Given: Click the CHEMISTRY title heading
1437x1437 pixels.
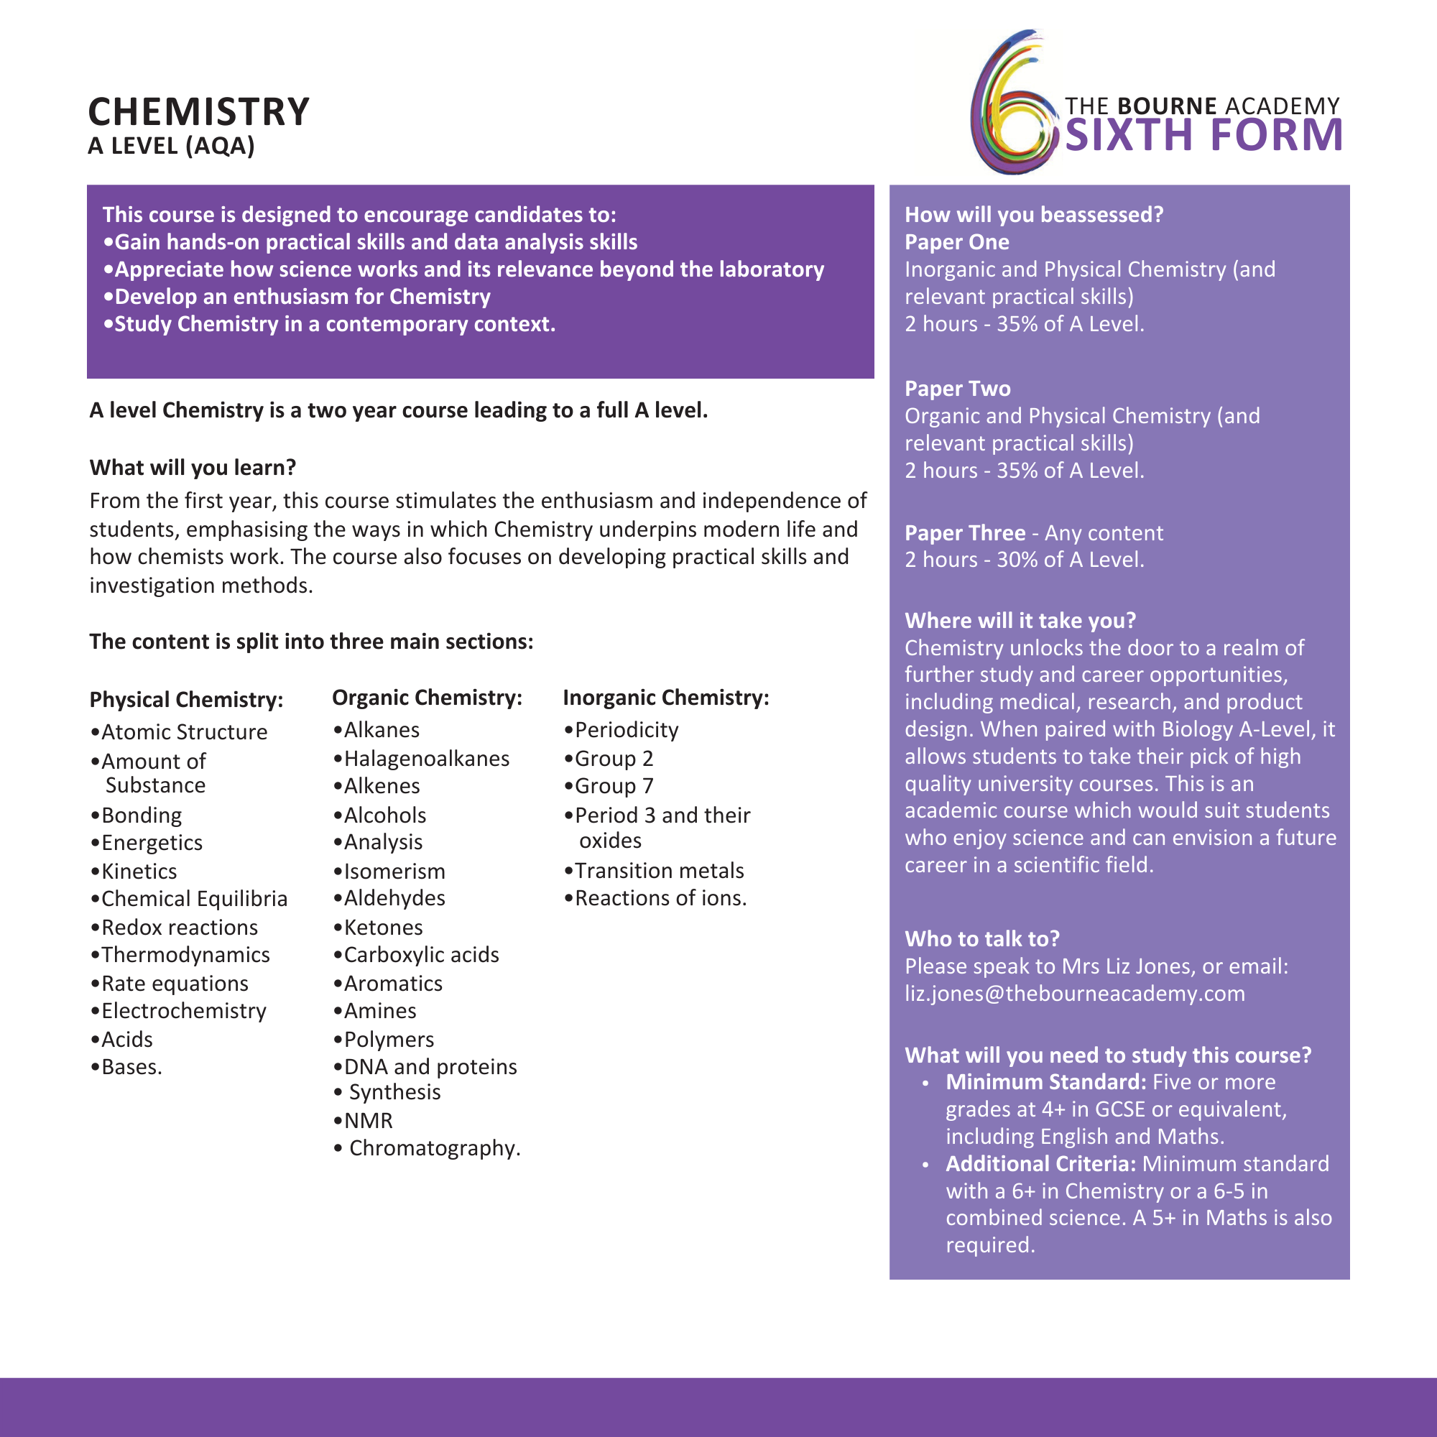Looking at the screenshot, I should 198,112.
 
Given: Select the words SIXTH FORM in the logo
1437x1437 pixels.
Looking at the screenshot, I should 1203,135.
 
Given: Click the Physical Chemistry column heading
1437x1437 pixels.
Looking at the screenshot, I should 186,699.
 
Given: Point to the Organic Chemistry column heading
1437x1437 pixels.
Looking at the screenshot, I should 427,697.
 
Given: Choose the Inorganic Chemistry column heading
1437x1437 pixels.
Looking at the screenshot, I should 666,697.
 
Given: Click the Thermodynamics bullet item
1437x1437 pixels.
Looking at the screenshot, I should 185,954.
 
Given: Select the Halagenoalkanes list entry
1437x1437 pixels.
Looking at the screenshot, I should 426,758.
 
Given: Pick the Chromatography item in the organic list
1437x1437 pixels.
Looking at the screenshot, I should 435,1147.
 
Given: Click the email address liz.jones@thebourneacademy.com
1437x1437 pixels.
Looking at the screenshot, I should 1074,993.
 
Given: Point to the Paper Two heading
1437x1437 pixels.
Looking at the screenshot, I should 957,388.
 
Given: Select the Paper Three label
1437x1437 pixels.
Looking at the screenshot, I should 965,532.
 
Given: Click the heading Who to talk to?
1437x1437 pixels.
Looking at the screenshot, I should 981,938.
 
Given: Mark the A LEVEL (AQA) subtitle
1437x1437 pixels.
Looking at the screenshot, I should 171,146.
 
